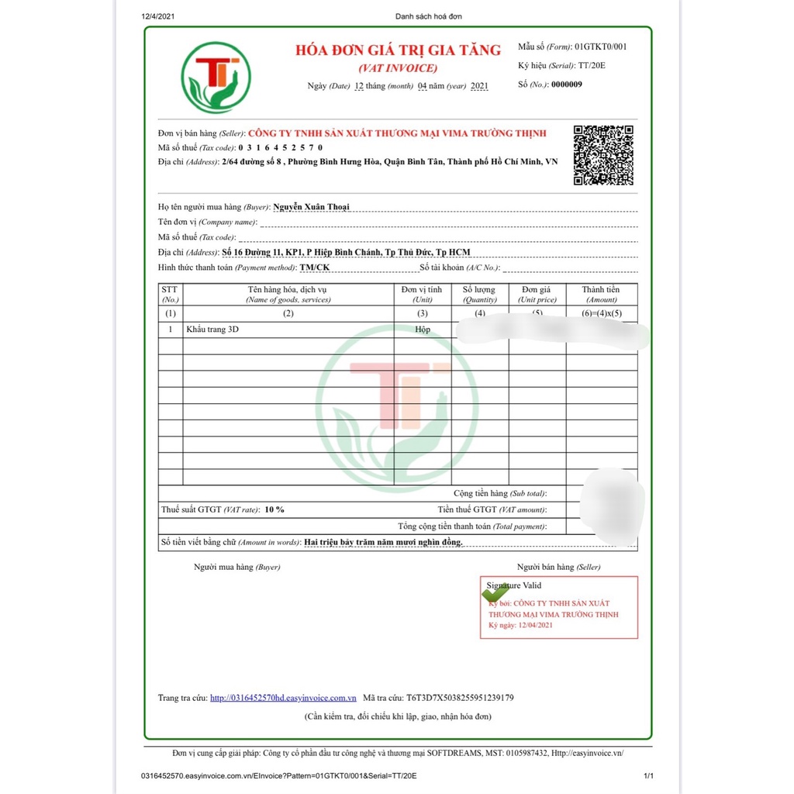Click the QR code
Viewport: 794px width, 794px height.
pos(603,155)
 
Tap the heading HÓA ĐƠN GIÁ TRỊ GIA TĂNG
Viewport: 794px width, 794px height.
pos(398,50)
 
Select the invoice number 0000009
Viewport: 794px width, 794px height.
pos(566,85)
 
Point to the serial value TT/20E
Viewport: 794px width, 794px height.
pos(592,65)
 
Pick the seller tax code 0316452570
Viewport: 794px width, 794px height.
pos(281,147)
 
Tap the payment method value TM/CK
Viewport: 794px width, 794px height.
pos(315,268)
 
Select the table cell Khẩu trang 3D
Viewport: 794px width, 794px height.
pos(212,330)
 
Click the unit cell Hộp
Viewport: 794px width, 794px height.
pos(422,330)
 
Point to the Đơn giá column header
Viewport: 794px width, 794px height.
pos(537,294)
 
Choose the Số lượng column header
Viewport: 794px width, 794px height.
pos(480,294)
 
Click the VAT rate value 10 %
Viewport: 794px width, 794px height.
pos(274,509)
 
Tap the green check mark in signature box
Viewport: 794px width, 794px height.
pos(495,593)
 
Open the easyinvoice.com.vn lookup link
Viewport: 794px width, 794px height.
pos(283,698)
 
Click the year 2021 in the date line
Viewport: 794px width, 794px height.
pos(479,86)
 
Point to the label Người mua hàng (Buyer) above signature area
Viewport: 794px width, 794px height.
pos(236,567)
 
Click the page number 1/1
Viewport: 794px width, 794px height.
pos(648,775)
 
